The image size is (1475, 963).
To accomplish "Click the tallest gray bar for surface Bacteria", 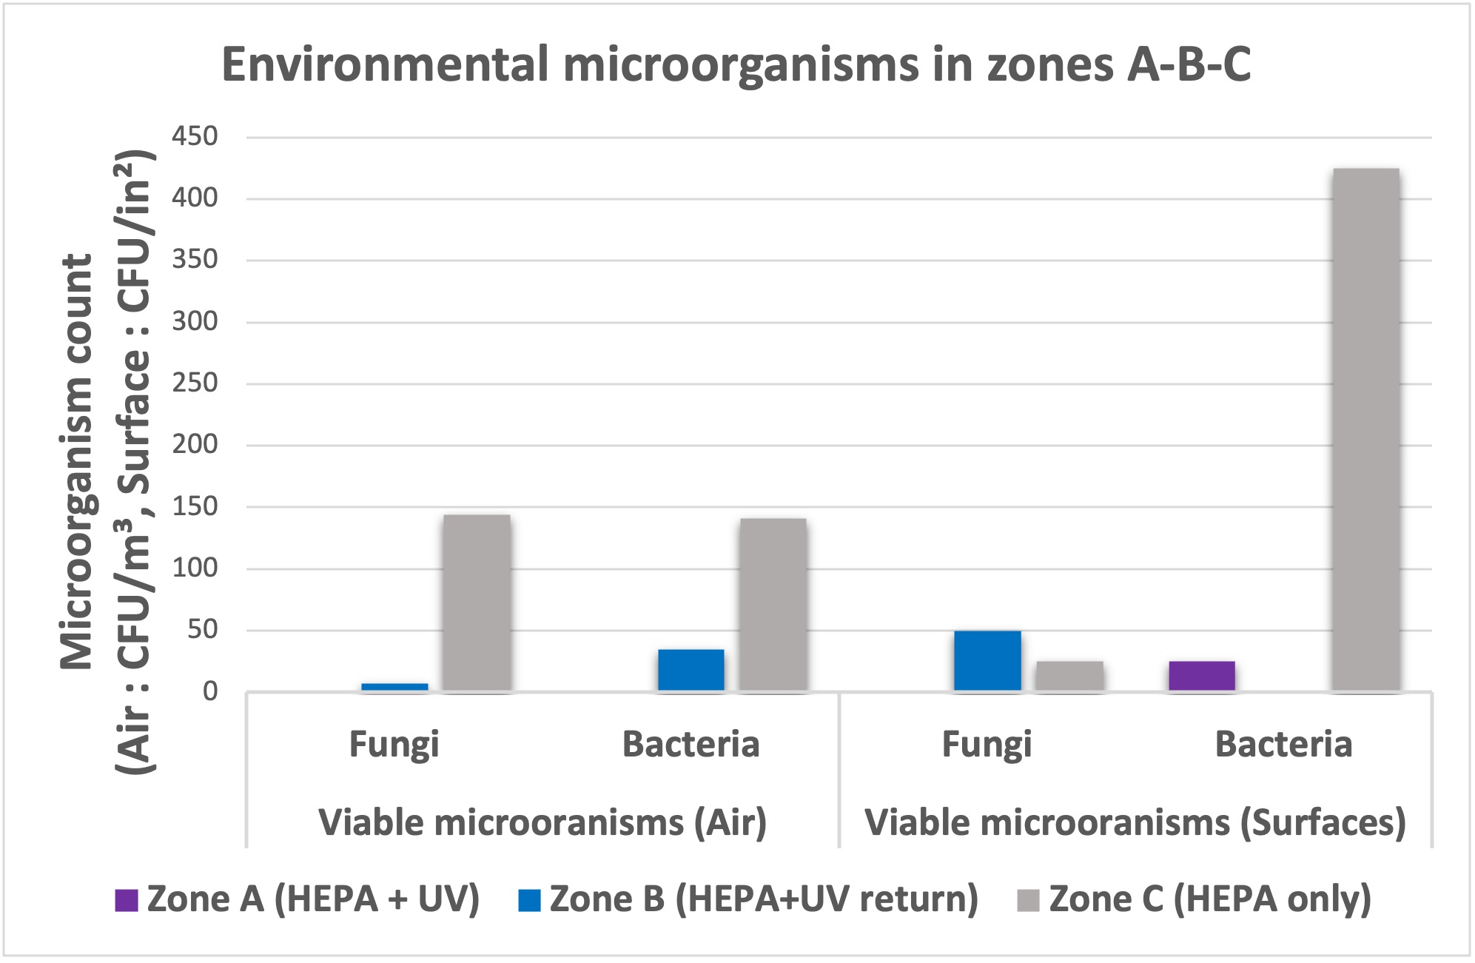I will coord(1365,429).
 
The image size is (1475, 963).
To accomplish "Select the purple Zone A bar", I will coord(1202,675).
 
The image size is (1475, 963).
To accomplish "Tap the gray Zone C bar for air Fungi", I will coord(477,603).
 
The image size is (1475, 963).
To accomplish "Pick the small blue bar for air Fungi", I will coord(394,687).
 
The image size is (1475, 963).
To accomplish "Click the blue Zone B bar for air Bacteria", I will coord(691,670).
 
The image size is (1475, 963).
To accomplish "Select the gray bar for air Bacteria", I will coord(773,605).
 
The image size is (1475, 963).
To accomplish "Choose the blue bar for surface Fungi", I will coord(987,660).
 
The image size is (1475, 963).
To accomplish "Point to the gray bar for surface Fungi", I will coord(1069,676).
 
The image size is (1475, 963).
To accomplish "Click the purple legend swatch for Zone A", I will coord(127,900).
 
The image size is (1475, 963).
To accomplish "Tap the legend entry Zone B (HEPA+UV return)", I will coord(763,899).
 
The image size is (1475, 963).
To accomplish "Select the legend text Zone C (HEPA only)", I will coord(1209,899).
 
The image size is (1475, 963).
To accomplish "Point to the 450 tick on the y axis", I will coord(195,136).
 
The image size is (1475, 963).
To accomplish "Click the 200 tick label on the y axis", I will coord(195,444).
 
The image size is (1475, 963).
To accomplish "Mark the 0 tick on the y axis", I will coord(210,691).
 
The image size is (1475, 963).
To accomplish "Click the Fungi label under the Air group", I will coord(394,745).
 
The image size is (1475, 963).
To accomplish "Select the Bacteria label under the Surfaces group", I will coord(1283,745).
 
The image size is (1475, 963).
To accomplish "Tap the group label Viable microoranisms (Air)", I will coord(542,823).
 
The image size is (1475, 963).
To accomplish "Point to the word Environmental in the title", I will coord(385,64).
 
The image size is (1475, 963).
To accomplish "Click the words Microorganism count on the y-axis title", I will coord(77,462).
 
